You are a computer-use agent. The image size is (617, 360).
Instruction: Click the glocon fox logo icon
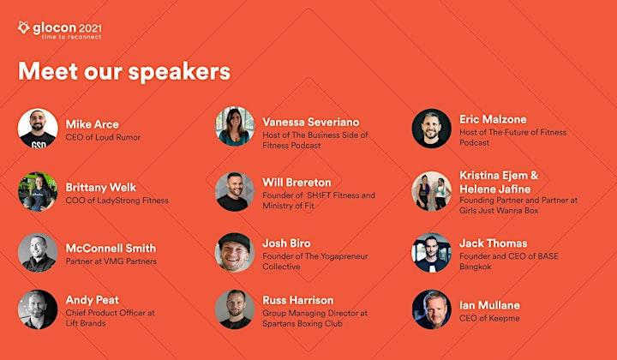coord(24,27)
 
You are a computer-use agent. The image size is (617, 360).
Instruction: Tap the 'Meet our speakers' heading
coord(124,71)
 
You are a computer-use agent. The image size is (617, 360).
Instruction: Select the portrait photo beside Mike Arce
coord(38,129)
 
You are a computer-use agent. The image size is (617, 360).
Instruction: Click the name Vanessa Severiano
coord(311,122)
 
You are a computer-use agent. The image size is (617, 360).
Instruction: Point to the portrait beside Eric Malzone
coord(432,129)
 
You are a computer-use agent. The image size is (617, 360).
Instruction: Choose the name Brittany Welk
coord(101,187)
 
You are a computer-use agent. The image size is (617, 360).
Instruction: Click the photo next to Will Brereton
coord(235,191)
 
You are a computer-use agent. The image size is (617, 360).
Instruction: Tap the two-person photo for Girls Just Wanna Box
coord(432,191)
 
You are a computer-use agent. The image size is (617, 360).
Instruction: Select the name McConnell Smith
coord(111,249)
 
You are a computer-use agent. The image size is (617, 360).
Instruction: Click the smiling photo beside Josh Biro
coord(235,252)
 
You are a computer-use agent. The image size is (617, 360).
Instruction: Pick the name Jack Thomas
coord(494,243)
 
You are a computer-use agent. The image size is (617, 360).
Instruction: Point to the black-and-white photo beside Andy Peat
coord(38,309)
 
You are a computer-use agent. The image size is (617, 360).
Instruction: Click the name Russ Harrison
coord(298,300)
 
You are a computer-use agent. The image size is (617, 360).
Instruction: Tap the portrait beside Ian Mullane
coord(432,309)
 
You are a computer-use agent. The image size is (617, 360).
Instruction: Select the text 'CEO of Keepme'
coord(489,318)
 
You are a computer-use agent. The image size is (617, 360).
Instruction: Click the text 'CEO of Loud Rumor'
coord(103,137)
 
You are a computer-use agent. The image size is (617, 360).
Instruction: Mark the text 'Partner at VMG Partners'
coord(111,261)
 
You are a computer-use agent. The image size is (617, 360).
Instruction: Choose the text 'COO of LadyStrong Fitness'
coord(117,201)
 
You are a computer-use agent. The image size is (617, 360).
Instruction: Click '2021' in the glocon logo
coord(90,28)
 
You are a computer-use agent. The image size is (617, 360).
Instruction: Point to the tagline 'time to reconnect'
coord(72,37)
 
